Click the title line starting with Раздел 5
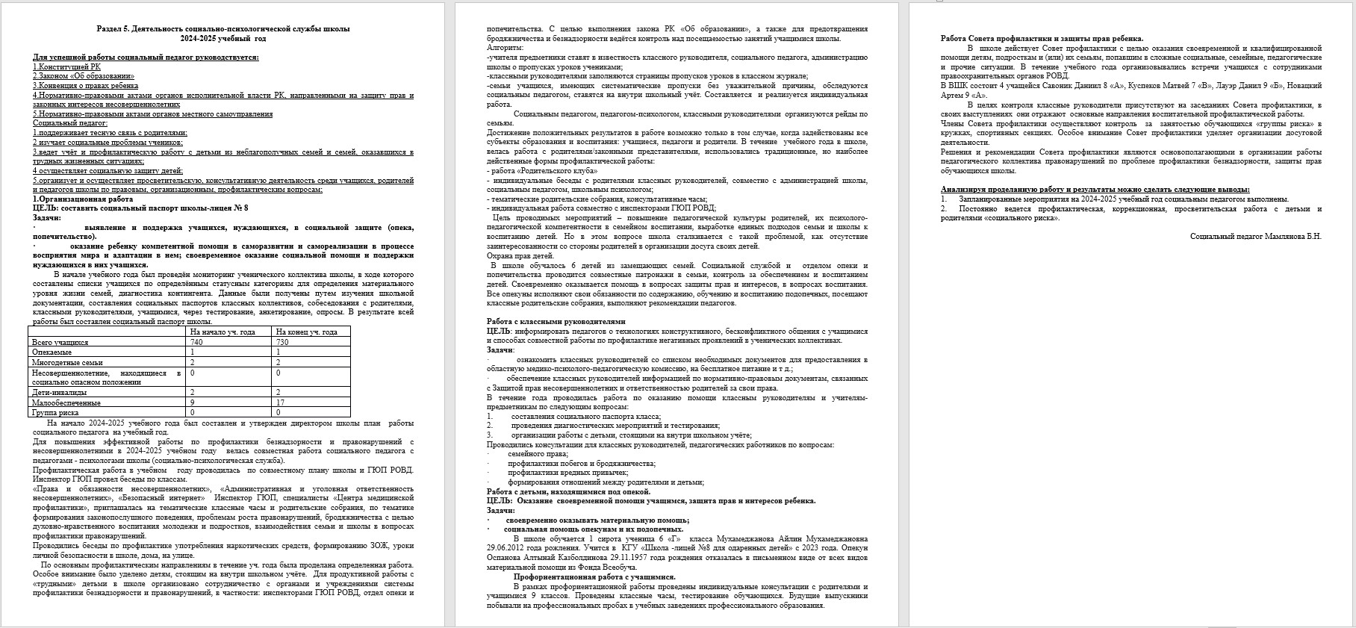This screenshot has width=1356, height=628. [223, 28]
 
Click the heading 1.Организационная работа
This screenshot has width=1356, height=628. [83, 199]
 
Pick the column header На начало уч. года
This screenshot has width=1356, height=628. [223, 332]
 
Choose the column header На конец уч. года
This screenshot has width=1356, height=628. [306, 332]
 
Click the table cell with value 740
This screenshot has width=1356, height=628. [196, 342]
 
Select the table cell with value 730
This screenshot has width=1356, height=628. [282, 342]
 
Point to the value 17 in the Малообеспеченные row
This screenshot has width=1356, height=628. [280, 402]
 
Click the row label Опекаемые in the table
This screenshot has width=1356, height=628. [52, 352]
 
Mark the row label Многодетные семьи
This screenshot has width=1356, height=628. [67, 362]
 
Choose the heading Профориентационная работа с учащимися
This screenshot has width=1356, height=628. [594, 577]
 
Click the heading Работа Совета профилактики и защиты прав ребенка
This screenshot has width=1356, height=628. [1042, 38]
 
